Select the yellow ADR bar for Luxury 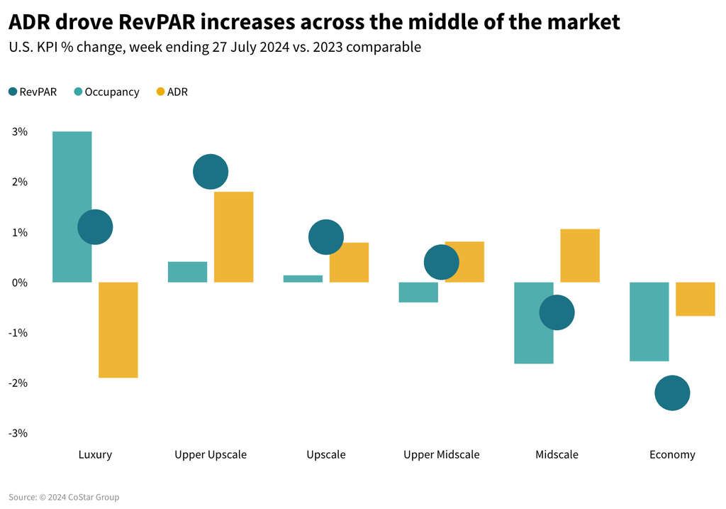pyautogui.click(x=118, y=330)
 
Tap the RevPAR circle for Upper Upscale pyautogui.click(x=210, y=172)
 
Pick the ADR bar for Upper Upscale pyautogui.click(x=233, y=237)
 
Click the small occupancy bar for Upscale pyautogui.click(x=303, y=279)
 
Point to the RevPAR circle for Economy pyautogui.click(x=672, y=393)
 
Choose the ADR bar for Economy pyautogui.click(x=695, y=299)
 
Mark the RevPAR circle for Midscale pyautogui.click(x=557, y=312)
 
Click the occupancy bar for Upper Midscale pyautogui.click(x=418, y=292)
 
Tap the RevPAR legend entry pyautogui.click(x=32, y=92)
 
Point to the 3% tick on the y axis pyautogui.click(x=19, y=132)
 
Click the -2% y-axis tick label pyautogui.click(x=18, y=383)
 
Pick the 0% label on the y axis pyautogui.click(x=19, y=283)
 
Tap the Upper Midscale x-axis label pyautogui.click(x=441, y=454)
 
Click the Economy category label pyautogui.click(x=672, y=454)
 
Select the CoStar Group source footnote pyautogui.click(x=64, y=498)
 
